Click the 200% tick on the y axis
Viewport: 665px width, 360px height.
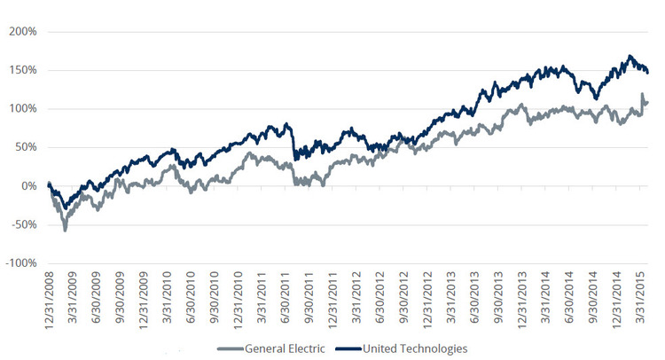pos(22,31)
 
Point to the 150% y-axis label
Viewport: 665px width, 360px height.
pos(22,70)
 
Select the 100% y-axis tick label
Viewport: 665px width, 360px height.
pos(22,109)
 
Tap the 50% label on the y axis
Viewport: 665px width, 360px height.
pos(25,147)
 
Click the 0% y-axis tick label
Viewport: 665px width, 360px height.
pos(27,186)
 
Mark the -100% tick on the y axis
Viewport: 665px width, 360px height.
pos(20,263)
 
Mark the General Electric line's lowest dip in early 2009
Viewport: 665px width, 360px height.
pos(65,230)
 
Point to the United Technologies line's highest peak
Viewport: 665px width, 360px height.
pos(630,57)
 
